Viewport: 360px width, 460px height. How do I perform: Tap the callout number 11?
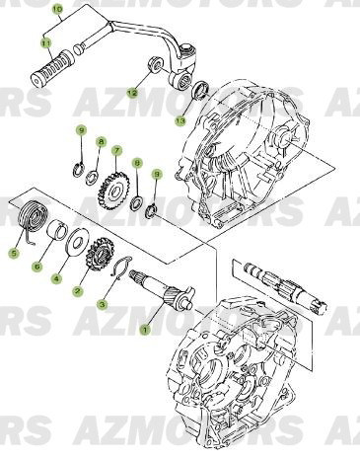coord(45,43)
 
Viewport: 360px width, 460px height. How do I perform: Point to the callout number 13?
coord(180,120)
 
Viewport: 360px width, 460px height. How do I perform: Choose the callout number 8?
coord(100,143)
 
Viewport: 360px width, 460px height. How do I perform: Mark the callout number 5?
coord(14,253)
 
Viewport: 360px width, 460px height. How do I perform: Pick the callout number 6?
coord(37,265)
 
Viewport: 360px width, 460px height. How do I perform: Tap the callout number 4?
coord(56,279)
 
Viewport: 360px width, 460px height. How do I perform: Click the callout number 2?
coord(77,292)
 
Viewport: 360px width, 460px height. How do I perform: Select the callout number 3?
coord(101,306)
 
